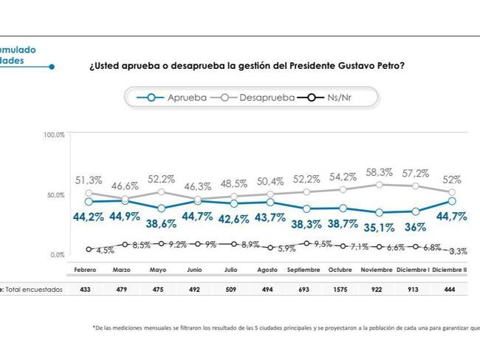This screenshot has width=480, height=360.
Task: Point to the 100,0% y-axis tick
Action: [x=55, y=135]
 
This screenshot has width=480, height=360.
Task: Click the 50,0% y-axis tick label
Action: [x=56, y=195]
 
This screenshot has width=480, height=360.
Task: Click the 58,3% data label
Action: [x=380, y=171]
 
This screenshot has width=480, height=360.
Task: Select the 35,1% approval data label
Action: [x=380, y=228]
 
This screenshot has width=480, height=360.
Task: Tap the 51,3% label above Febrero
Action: [x=89, y=180]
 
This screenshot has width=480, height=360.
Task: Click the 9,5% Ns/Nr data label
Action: [x=323, y=244]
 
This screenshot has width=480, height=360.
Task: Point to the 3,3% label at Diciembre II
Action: [x=457, y=251]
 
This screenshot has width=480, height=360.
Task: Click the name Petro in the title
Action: [x=385, y=65]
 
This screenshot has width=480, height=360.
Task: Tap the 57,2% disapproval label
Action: [x=416, y=173]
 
